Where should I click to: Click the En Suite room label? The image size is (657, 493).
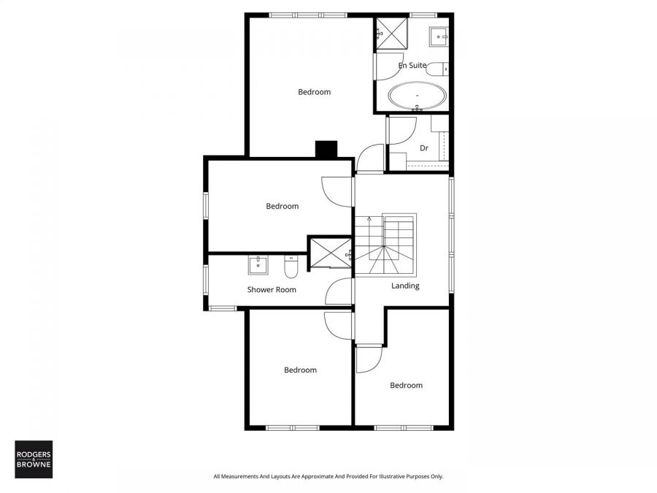point(412,66)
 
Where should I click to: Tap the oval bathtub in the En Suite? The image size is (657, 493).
point(417,96)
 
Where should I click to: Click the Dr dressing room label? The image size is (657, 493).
point(423,148)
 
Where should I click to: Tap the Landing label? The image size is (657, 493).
point(405,286)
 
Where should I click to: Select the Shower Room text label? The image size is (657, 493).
point(272,290)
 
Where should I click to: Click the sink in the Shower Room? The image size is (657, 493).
point(257,264)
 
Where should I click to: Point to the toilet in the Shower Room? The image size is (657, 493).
point(291,268)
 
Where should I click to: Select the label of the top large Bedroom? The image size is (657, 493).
point(314,92)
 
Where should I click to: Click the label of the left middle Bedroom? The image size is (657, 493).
point(282,206)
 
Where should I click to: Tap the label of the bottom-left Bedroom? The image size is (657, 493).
point(300,370)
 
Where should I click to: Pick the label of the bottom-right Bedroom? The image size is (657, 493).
point(406,386)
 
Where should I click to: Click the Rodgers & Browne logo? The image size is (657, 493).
point(34,459)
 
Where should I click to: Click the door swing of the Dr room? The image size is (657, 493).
point(401,130)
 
